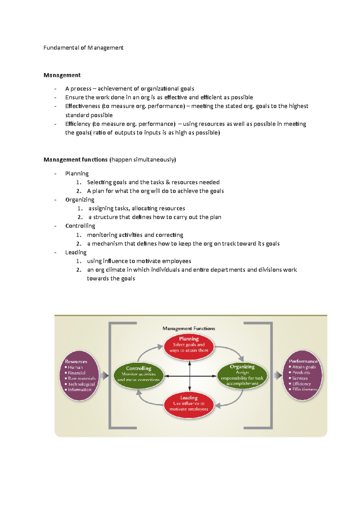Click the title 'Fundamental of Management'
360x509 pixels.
tap(83, 48)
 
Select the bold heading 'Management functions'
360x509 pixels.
tap(76, 159)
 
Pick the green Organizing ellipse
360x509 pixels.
tap(242, 376)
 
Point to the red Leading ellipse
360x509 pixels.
tap(189, 405)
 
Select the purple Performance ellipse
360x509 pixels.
tap(302, 375)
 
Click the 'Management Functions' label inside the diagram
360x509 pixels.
tap(189, 329)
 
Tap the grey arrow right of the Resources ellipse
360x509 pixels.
tap(104, 376)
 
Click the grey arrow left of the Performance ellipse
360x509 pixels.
tap(277, 375)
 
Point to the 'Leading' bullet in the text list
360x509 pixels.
tap(76, 252)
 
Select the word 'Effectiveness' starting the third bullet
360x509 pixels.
tap(82, 106)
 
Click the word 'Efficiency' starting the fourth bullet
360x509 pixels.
tap(78, 124)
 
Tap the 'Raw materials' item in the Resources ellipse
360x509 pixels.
tap(82, 378)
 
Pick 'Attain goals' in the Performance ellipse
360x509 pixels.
tap(304, 367)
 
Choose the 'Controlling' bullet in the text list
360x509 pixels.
tap(80, 226)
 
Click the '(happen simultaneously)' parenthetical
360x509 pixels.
tap(143, 159)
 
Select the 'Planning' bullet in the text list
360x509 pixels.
tap(77, 174)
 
